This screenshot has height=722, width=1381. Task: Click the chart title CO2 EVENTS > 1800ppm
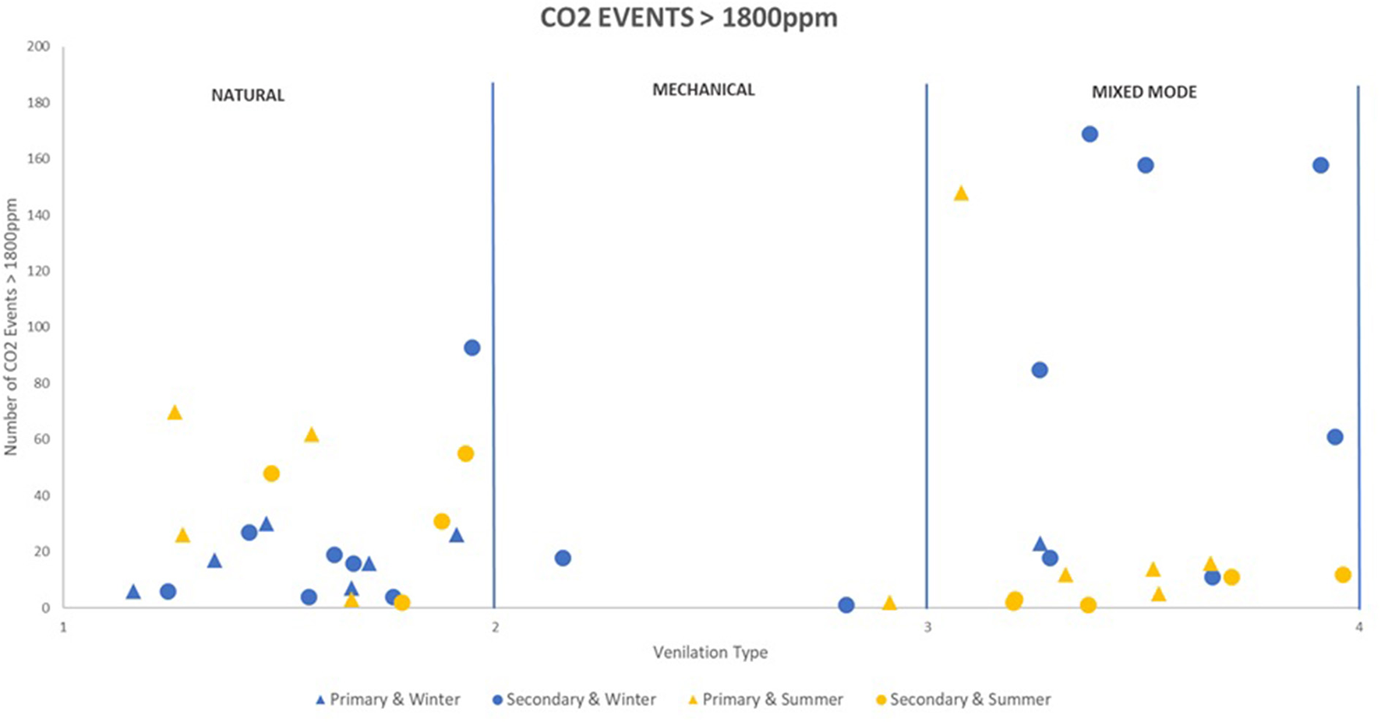(689, 17)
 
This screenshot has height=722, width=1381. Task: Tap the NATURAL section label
(248, 95)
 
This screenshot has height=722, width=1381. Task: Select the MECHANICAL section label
(703, 90)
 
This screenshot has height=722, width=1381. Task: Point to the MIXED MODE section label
(1143, 92)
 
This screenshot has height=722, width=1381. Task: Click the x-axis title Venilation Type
(710, 653)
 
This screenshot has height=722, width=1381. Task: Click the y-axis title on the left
(11, 327)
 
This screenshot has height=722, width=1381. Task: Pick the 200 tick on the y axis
(37, 46)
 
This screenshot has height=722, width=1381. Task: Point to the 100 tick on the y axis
(37, 327)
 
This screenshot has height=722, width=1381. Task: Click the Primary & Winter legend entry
(387, 699)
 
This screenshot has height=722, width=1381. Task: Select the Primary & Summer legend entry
(765, 699)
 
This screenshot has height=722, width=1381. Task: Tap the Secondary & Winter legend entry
(574, 699)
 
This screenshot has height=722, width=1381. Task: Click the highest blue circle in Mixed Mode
(1090, 134)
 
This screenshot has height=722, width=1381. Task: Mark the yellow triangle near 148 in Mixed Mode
(961, 193)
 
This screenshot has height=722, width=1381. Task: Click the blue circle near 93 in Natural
(472, 347)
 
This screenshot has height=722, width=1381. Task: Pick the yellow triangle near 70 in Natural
(175, 413)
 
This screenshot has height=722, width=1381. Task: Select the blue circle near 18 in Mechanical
(563, 558)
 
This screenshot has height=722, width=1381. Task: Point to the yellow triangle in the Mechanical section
(889, 604)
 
